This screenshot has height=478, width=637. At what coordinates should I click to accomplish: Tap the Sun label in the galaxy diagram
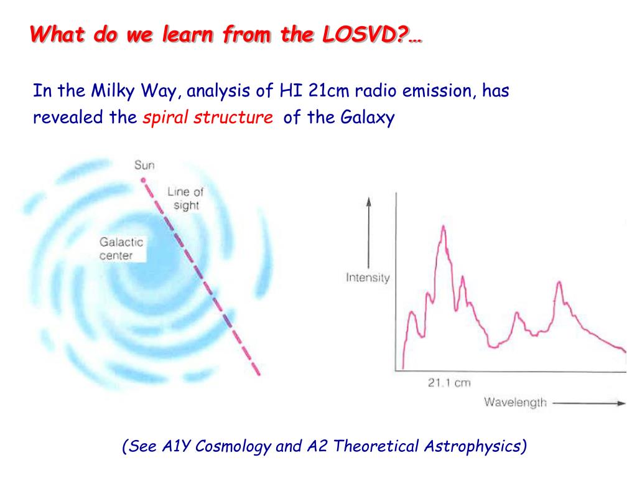point(144,165)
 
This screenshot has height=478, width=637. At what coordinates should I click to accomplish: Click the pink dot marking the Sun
point(143,180)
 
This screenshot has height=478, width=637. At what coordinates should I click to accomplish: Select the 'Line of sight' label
point(185,199)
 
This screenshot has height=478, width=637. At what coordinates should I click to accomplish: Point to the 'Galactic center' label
point(121,248)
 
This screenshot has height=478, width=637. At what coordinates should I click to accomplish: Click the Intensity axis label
point(368,278)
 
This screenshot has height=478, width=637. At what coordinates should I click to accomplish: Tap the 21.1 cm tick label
point(449,383)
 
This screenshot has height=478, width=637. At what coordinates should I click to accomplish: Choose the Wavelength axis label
point(516,403)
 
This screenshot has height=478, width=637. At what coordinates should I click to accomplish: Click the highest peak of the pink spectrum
point(443,226)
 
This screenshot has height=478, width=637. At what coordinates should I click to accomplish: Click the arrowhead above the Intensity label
point(368,202)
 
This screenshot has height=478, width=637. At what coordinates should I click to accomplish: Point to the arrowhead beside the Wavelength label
point(621,403)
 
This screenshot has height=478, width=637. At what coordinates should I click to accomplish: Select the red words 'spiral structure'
point(208,118)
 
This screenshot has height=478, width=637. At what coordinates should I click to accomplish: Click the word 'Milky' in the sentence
point(113,91)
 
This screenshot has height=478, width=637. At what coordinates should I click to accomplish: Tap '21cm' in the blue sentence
point(328,90)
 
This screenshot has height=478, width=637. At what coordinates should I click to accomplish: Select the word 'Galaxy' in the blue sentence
point(367,118)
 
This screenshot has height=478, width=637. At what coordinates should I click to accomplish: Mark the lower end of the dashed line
point(258,374)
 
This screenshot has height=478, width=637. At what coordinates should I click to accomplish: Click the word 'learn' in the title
point(188,34)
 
